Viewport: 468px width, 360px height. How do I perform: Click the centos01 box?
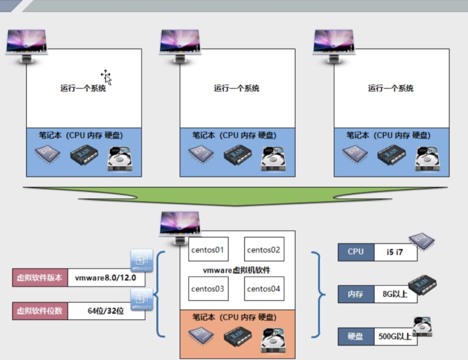pos(208,249)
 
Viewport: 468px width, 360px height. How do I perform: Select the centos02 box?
pos(264,249)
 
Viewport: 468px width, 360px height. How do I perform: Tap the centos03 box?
pos(208,289)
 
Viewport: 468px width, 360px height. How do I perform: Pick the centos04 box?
pos(264,289)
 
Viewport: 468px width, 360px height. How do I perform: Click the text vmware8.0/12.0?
pos(106,278)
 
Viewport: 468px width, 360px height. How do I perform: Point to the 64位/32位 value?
pos(106,311)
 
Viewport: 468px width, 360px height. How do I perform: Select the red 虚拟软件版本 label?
pos(40,278)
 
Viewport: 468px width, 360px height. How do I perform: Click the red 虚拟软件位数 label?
pos(40,311)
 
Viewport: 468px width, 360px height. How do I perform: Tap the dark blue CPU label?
pos(356,252)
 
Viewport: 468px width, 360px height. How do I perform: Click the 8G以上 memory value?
pos(395,294)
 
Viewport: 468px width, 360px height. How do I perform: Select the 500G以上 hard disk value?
pos(395,336)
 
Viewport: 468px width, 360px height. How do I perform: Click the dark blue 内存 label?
pos(356,294)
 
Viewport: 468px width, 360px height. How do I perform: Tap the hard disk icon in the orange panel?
pos(273,340)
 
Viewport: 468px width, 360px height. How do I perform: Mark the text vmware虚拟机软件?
pos(236,270)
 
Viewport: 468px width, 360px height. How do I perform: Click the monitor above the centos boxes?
pos(180,225)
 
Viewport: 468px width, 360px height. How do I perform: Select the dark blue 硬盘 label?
pos(356,336)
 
